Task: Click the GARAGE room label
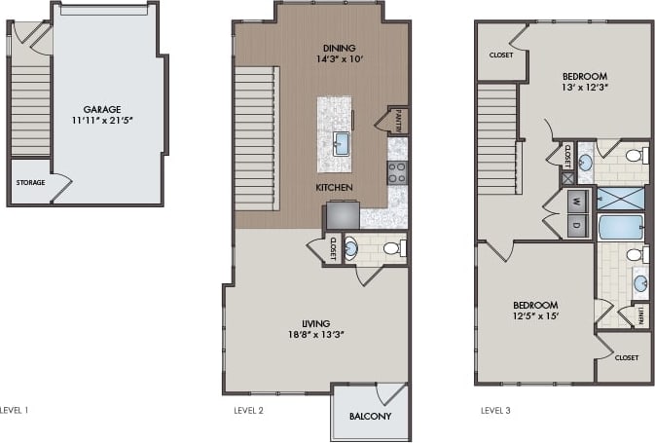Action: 101,110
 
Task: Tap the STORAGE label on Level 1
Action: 30,182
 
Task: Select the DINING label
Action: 339,48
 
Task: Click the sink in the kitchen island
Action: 341,145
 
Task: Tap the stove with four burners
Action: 397,173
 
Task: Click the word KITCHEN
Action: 334,187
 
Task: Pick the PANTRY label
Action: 399,121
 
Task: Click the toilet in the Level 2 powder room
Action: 392,248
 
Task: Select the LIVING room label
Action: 315,323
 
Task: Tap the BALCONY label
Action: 370,418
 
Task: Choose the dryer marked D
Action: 575,226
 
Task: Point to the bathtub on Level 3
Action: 619,228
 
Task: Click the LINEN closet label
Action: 641,315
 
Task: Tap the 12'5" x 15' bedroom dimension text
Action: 536,316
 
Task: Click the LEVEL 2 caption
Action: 248,411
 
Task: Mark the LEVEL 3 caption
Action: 495,411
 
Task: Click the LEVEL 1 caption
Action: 15,411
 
